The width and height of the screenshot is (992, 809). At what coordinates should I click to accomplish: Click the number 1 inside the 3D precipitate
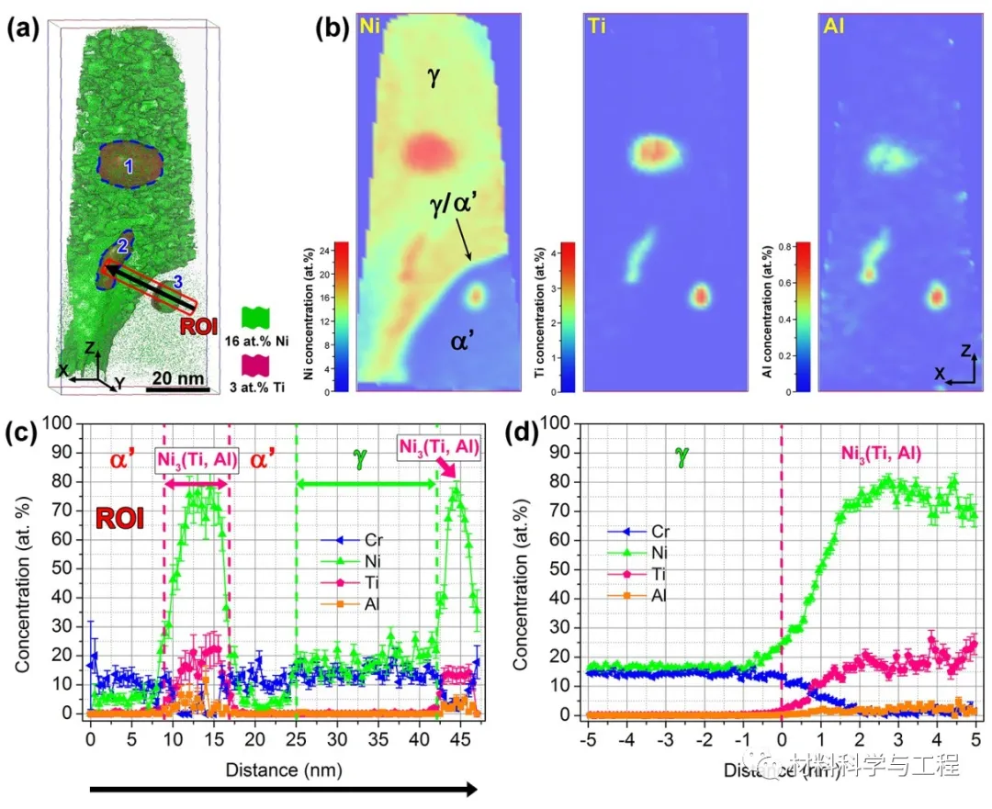pyautogui.click(x=130, y=166)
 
